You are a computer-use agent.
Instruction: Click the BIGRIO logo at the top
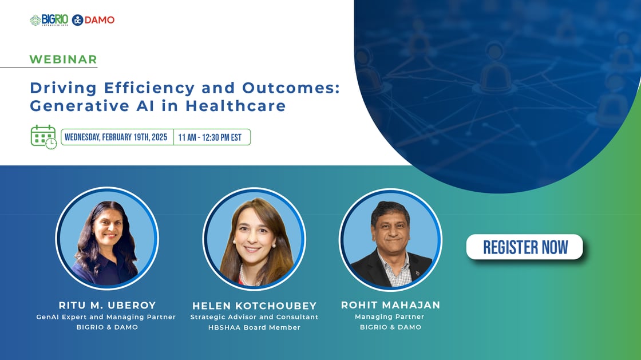49,20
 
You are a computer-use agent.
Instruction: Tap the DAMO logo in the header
93,20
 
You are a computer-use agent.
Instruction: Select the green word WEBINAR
64,60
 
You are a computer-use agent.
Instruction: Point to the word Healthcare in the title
235,106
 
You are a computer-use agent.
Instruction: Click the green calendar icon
43,137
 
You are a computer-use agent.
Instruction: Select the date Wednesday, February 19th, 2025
116,137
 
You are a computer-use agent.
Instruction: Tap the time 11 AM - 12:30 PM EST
209,137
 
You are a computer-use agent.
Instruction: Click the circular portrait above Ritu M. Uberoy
107,238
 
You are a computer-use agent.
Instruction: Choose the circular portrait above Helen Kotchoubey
254,239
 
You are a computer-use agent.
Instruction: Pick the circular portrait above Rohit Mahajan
390,240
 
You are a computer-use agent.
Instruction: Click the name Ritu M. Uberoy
107,305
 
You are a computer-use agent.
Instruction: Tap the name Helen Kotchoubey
254,306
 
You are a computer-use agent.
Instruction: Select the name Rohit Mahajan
390,305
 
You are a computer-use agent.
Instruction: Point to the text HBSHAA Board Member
254,327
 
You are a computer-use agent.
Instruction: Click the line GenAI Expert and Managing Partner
106,317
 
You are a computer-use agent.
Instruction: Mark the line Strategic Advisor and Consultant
254,317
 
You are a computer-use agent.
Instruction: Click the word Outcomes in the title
291,88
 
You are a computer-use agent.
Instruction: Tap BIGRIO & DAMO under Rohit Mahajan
390,327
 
